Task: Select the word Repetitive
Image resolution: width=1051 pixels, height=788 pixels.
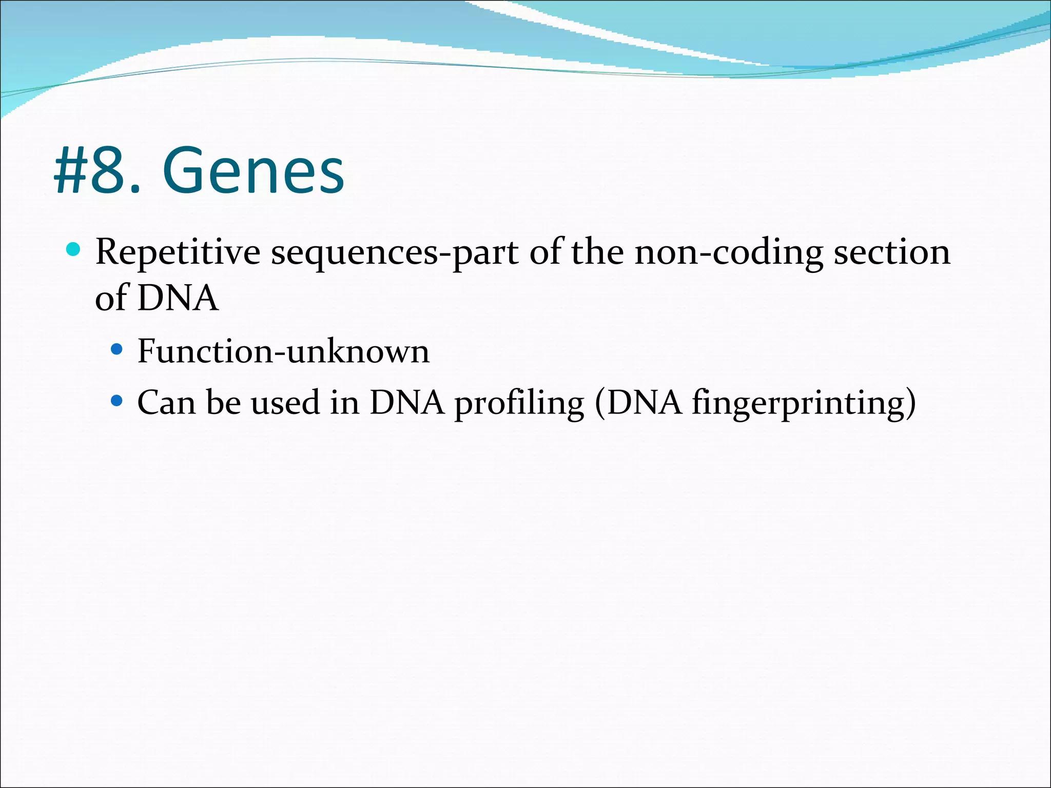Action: [x=178, y=252]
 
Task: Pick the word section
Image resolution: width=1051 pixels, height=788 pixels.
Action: [x=892, y=252]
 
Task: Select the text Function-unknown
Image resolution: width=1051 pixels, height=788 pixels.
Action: [x=283, y=351]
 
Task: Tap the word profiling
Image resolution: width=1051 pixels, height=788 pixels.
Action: [x=519, y=403]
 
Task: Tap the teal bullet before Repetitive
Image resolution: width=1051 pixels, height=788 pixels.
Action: [x=74, y=250]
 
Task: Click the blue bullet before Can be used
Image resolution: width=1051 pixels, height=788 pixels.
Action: [x=117, y=400]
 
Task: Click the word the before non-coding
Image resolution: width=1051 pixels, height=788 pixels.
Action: [x=597, y=252]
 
